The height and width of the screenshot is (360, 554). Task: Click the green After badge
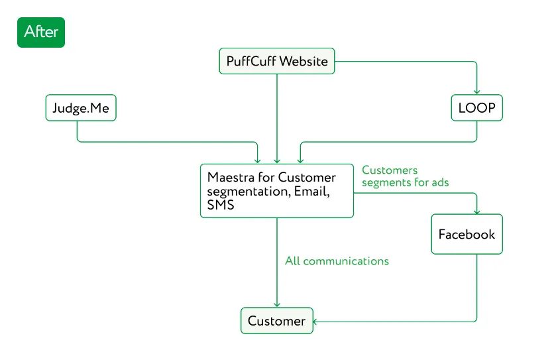pos(41,32)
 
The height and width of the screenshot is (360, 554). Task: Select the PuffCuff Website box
pos(277,62)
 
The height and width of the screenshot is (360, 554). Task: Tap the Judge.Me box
pos(80,107)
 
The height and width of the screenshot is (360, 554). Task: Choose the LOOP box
pos(476,107)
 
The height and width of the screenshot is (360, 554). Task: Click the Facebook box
pos(467,234)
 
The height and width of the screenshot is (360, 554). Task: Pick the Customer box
pos(276,322)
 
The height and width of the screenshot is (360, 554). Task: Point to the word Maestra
pos(229,178)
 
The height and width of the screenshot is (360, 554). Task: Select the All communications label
pos(337,261)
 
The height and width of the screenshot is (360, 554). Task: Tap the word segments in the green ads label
pos(386,182)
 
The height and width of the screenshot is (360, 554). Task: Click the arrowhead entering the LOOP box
pos(476,92)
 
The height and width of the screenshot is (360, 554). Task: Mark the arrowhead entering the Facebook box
pos(476,211)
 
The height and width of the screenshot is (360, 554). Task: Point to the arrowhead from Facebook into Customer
pos(316,322)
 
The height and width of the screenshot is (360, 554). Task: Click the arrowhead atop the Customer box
pos(277,305)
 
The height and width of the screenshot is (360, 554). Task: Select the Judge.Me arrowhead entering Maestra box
pos(257,160)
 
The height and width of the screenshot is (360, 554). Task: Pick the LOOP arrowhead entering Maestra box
pos(300,160)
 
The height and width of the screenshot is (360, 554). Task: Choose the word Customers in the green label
pos(390,171)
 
